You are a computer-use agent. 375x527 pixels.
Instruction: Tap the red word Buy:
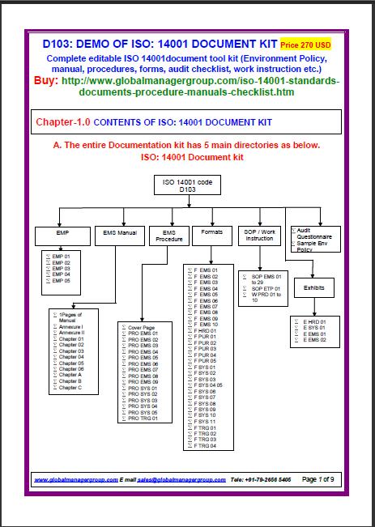[x=52, y=82]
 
